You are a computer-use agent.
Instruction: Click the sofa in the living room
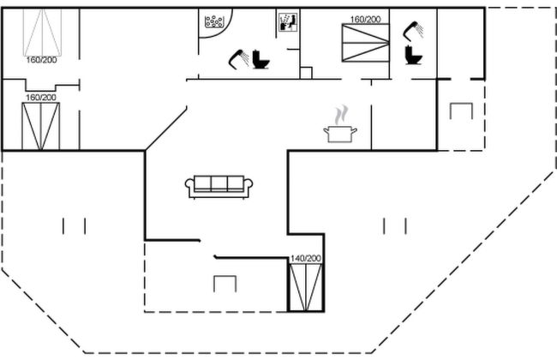[219, 185]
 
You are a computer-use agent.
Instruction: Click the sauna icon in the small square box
[287, 22]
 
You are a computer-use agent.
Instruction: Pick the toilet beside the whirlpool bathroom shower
[261, 61]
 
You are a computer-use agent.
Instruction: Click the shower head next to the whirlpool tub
[237, 59]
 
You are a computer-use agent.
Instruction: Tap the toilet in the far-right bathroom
[415, 56]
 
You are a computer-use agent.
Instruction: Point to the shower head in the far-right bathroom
[414, 30]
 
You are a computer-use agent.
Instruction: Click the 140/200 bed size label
[305, 258]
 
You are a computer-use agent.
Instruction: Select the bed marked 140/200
[305, 286]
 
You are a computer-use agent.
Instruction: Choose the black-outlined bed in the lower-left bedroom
[39, 127]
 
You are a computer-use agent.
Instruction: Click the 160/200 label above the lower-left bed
[39, 98]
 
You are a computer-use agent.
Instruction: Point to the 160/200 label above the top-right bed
[365, 19]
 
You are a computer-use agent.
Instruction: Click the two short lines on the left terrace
[75, 226]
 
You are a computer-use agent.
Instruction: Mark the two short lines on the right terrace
[394, 226]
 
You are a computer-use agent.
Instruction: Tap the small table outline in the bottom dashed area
[225, 284]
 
